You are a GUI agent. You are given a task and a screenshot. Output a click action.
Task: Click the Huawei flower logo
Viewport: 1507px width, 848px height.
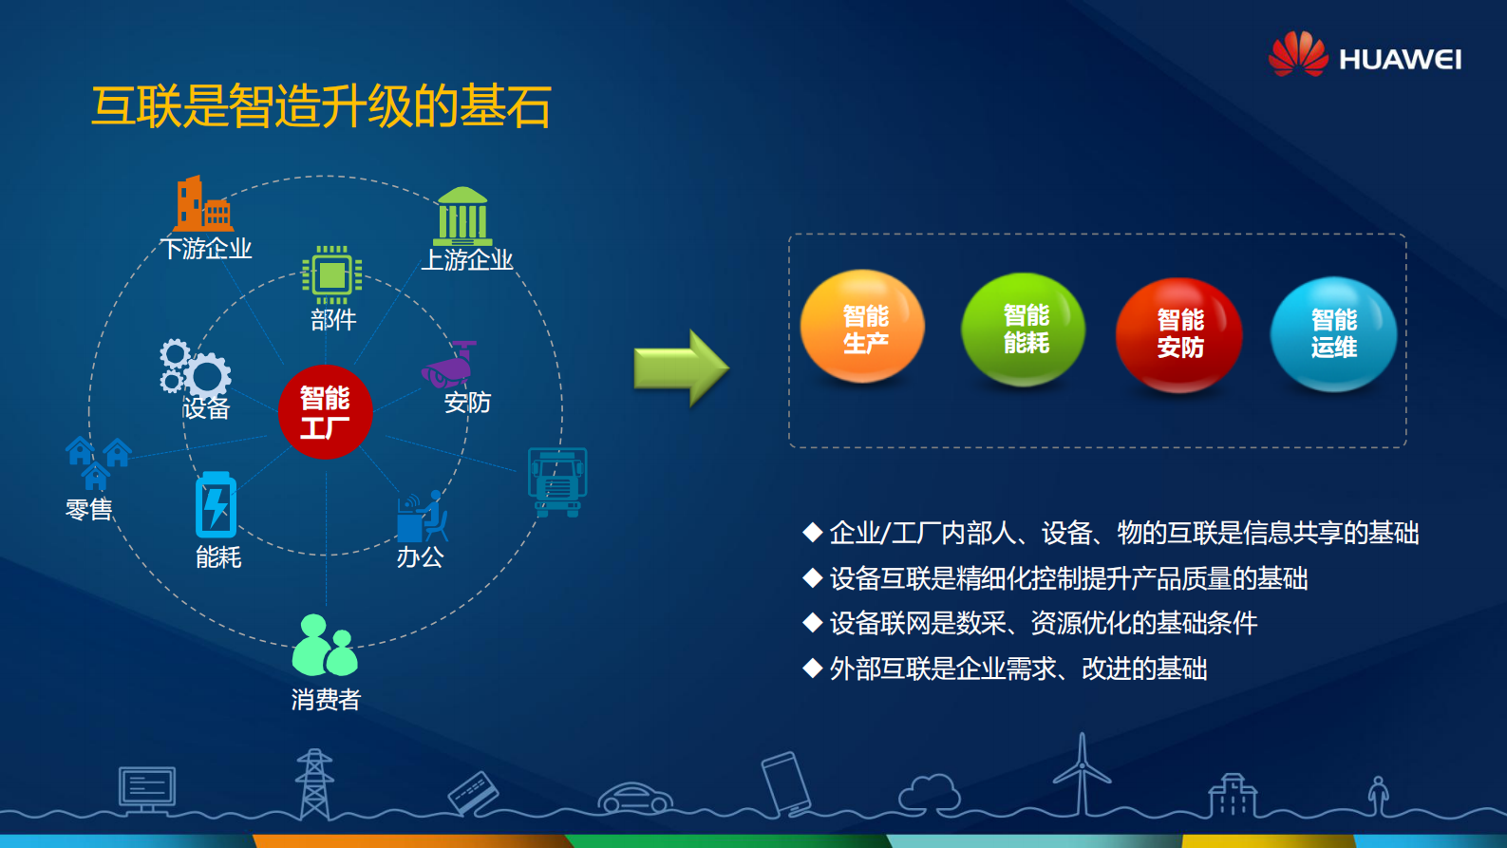pyautogui.click(x=1297, y=54)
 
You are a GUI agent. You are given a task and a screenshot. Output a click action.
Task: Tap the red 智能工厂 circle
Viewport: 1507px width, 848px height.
pyautogui.click(x=325, y=412)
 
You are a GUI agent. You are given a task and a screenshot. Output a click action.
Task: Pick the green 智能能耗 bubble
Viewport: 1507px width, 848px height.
pyautogui.click(x=1023, y=329)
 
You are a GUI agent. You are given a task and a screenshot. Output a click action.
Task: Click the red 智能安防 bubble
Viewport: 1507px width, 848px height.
pyautogui.click(x=1178, y=333)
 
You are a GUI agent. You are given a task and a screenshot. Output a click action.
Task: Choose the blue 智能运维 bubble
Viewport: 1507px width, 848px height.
pyautogui.click(x=1333, y=333)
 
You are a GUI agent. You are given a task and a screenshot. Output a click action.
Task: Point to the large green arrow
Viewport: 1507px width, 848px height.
pyautogui.click(x=681, y=368)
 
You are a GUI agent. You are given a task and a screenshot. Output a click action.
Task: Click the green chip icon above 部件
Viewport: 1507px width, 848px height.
pyautogui.click(x=331, y=275)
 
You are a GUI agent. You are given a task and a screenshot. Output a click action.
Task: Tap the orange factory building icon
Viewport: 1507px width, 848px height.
pyautogui.click(x=202, y=203)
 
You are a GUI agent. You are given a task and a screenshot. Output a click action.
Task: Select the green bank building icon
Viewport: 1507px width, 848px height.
pyautogui.click(x=462, y=216)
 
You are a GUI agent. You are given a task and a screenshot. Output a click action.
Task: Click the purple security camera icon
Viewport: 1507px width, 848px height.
pyautogui.click(x=449, y=366)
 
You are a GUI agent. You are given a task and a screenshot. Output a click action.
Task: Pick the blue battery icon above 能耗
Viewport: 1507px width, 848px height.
pyautogui.click(x=216, y=504)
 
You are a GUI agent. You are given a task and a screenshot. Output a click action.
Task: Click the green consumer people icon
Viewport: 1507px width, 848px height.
pyautogui.click(x=325, y=646)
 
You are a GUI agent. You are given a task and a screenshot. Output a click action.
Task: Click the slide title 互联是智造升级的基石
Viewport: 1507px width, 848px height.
pyautogui.click(x=321, y=105)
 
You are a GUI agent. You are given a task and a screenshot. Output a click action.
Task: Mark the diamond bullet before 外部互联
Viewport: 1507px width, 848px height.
pyautogui.click(x=812, y=669)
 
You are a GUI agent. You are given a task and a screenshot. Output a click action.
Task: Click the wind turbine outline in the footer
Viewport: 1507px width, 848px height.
pyautogui.click(x=1082, y=773)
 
